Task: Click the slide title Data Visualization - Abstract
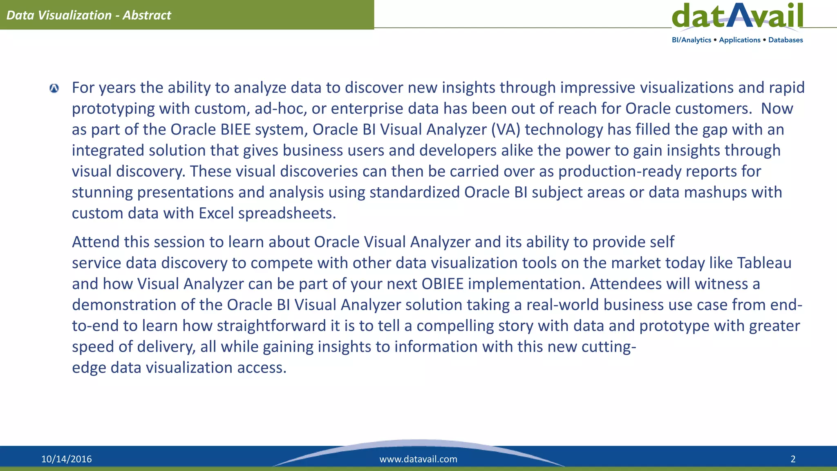(x=89, y=15)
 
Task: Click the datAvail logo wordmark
(x=737, y=16)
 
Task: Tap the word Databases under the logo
(x=786, y=40)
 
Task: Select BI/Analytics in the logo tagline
(x=692, y=40)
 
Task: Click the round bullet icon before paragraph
(x=54, y=88)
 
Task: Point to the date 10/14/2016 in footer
(x=67, y=459)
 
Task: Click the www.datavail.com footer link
(x=418, y=459)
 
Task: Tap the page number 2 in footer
(x=793, y=459)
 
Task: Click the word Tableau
(x=764, y=263)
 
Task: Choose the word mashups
(x=715, y=192)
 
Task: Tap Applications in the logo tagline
(x=740, y=40)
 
